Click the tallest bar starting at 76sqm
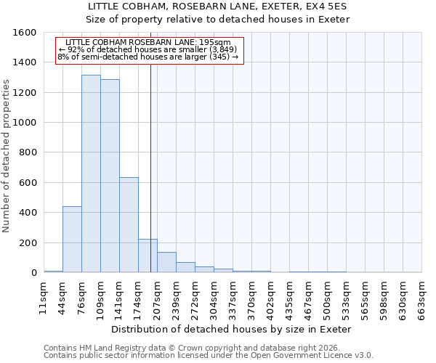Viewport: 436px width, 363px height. tap(91, 174)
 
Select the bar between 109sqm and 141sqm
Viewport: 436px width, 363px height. tap(110, 176)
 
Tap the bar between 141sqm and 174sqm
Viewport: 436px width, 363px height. tap(129, 225)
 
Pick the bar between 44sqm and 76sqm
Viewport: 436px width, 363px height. tap(72, 240)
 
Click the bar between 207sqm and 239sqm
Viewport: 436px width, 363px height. tap(166, 262)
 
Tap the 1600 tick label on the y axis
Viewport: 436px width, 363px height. tap(25, 33)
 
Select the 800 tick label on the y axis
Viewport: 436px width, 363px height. tap(28, 152)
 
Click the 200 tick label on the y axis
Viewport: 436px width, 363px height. tap(28, 242)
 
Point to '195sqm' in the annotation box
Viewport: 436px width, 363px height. tap(217, 43)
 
